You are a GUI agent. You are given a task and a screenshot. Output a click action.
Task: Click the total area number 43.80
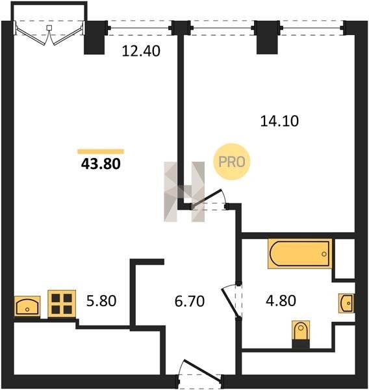tap(101, 164)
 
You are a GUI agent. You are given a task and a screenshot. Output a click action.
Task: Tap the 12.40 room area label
tap(141, 51)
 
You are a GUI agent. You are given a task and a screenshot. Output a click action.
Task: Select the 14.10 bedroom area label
tap(279, 122)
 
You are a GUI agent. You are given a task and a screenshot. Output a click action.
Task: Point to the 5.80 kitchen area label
tap(101, 300)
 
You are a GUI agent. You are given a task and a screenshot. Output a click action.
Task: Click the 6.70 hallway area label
tap(190, 301)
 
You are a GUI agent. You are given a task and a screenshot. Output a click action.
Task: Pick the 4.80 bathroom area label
tap(281, 300)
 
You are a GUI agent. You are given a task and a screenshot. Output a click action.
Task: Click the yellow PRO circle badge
tap(232, 162)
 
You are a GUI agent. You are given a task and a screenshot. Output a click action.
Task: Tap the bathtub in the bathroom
tap(299, 253)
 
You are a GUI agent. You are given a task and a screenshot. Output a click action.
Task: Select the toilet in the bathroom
tap(301, 334)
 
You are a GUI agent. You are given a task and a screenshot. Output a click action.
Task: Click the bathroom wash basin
tap(347, 303)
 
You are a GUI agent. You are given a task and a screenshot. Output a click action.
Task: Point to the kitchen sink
tap(27, 306)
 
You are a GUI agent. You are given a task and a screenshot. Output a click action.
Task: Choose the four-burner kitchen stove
tap(62, 304)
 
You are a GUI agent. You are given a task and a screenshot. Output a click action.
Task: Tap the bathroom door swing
tap(231, 301)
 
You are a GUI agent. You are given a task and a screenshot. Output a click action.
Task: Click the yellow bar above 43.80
tap(101, 151)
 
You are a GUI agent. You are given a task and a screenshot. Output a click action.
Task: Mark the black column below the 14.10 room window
tap(267, 37)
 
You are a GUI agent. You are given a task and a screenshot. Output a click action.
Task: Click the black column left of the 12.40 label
tap(95, 38)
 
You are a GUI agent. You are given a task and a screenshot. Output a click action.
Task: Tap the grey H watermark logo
tap(184, 192)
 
